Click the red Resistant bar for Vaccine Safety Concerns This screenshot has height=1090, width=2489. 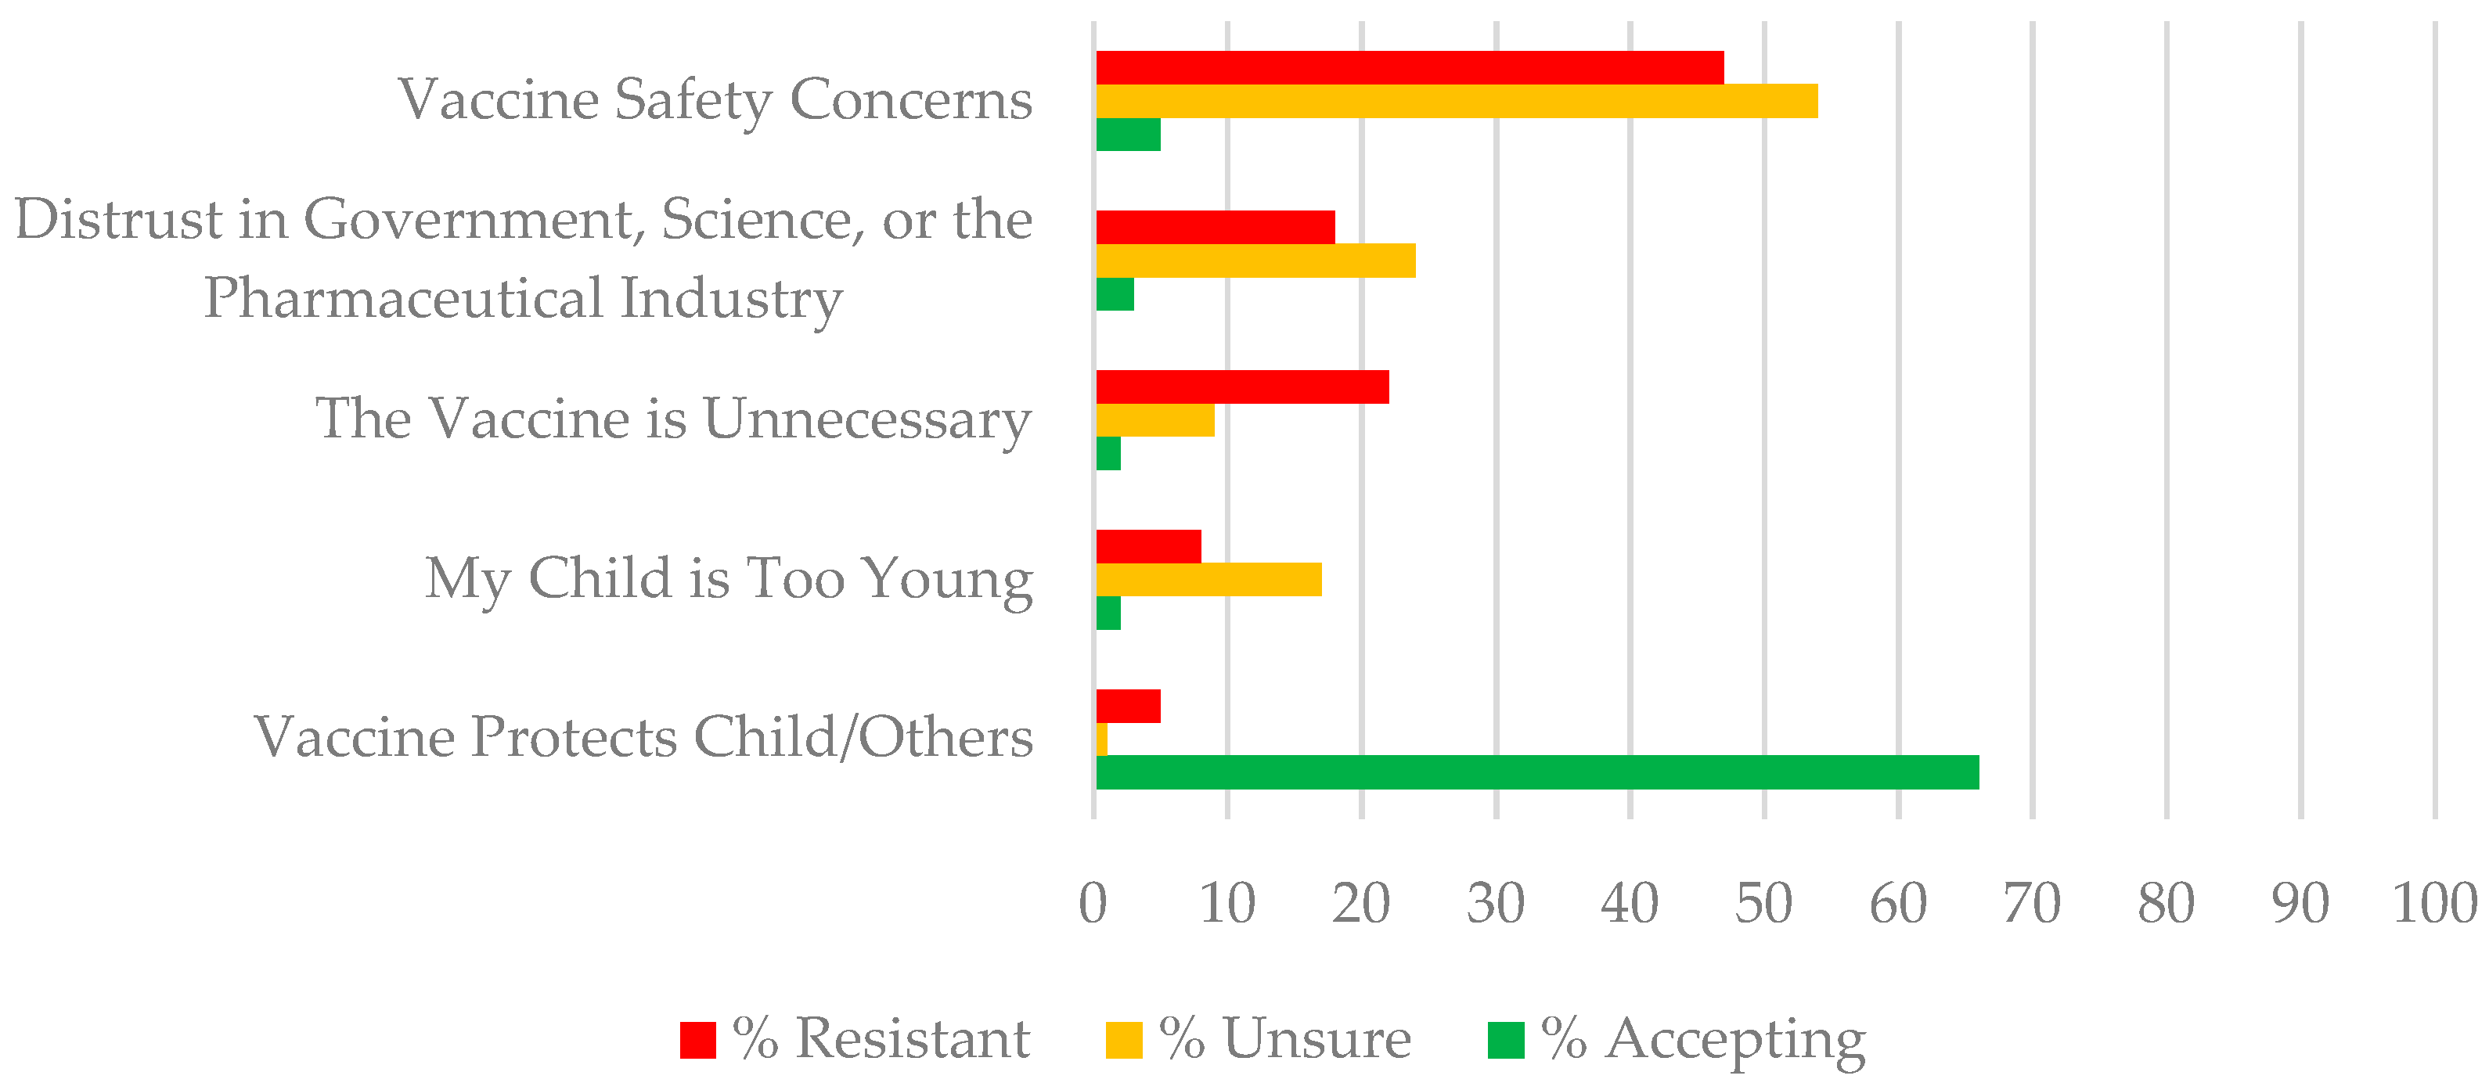click(x=1409, y=67)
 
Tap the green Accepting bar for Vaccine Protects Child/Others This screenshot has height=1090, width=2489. click(x=1536, y=772)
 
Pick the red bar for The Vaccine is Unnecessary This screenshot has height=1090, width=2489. click(x=1241, y=387)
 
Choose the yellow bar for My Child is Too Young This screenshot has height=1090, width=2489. click(x=1208, y=580)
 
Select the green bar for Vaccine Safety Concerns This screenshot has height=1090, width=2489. click(x=1128, y=135)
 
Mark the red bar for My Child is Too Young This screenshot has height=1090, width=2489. click(x=1148, y=547)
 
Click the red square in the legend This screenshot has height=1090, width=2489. click(x=697, y=1040)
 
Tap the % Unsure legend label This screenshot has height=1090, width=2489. click(x=1285, y=1039)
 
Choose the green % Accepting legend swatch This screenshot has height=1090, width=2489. click(x=1505, y=1040)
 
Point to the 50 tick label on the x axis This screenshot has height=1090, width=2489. click(x=1763, y=905)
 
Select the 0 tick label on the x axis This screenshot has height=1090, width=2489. click(x=1093, y=905)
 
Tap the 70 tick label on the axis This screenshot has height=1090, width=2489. click(x=2032, y=905)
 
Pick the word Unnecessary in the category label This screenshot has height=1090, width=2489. click(x=866, y=419)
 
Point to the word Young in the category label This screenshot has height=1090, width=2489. click(x=947, y=580)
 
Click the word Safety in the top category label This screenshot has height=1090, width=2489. click(x=693, y=100)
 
